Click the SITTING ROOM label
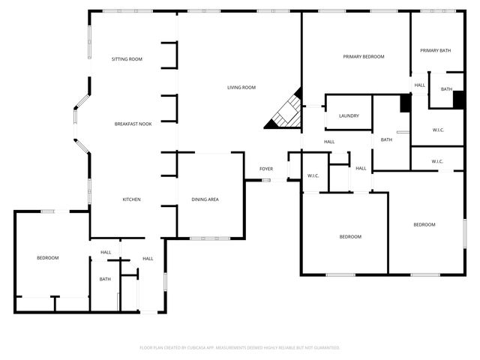click(127, 58)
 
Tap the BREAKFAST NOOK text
click(133, 124)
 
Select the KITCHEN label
click(132, 199)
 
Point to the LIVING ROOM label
click(241, 88)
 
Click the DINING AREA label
click(205, 199)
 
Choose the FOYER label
click(266, 169)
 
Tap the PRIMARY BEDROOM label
click(363, 57)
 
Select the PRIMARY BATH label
click(434, 51)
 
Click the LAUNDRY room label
click(349, 116)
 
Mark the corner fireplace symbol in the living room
click(286, 112)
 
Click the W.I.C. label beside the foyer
click(313, 176)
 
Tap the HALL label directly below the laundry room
click(329, 142)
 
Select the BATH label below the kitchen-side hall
click(105, 280)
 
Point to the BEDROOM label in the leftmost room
click(48, 258)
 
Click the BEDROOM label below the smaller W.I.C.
click(424, 224)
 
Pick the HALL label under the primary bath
click(419, 85)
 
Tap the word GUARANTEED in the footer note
click(324, 348)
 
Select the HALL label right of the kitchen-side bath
click(148, 259)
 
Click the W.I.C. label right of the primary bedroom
click(438, 130)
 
